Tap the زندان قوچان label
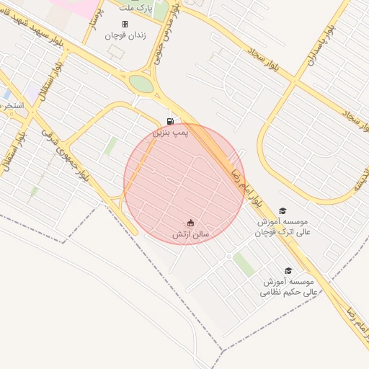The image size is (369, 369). (x=125, y=35)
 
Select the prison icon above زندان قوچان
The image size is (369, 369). (x=125, y=24)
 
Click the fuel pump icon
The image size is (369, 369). (x=169, y=120)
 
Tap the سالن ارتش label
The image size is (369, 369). (x=190, y=235)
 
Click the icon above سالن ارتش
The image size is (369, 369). (x=190, y=223)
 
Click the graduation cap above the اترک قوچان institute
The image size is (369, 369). (x=282, y=210)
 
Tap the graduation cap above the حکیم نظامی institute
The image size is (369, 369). (x=288, y=270)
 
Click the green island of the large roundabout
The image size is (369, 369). (x=142, y=84)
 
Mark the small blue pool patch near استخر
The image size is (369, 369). (x=6, y=94)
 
